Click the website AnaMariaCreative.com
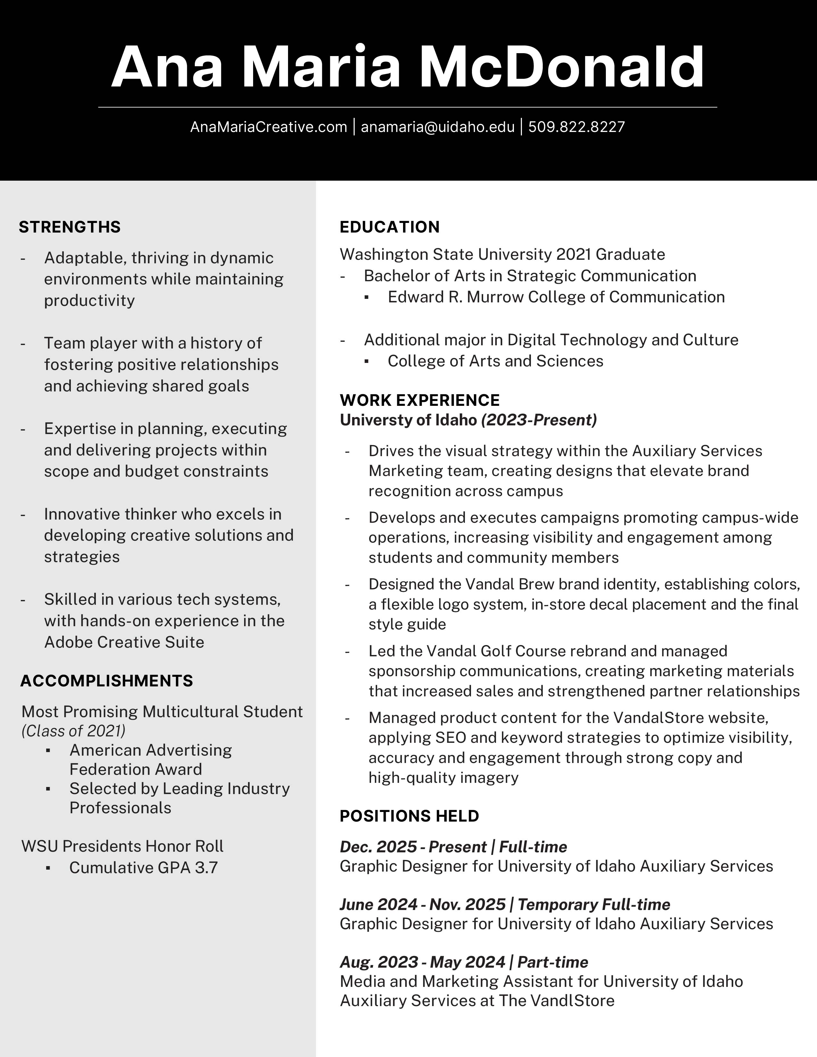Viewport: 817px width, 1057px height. (268, 127)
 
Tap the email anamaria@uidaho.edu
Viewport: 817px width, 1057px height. (438, 127)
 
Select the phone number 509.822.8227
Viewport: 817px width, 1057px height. (576, 127)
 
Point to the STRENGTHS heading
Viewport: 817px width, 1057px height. (70, 227)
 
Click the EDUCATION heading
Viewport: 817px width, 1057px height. (390, 227)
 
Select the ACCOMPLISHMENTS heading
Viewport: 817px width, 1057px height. (106, 681)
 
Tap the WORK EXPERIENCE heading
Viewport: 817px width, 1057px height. (420, 400)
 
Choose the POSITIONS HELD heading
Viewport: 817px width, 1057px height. (409, 816)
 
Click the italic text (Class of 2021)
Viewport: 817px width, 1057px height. (74, 731)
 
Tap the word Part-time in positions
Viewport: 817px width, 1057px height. (553, 962)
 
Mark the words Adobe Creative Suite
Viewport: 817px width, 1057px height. (124, 642)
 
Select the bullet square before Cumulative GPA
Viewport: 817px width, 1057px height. (48, 868)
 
